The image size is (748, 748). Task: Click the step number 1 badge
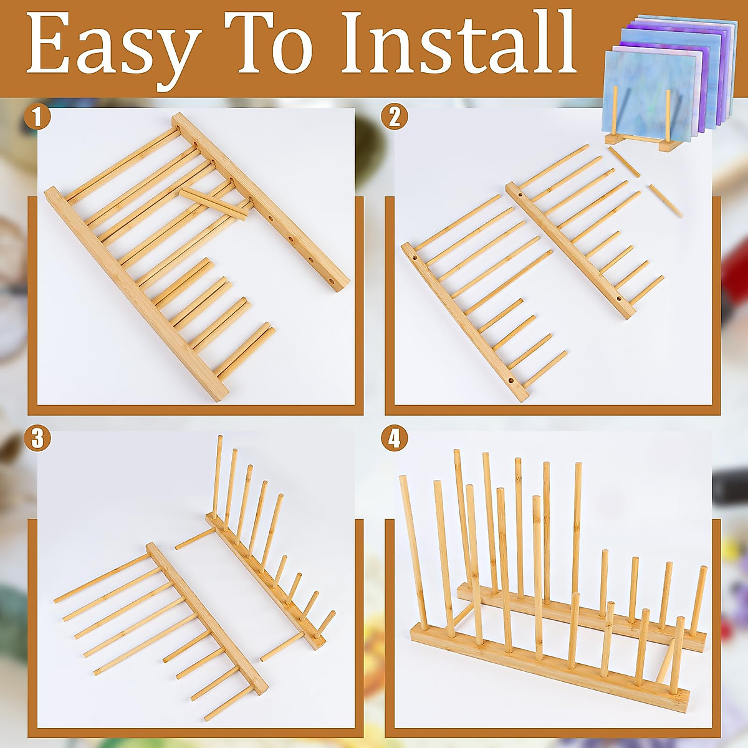pos(37,117)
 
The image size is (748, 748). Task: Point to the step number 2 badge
pos(395,117)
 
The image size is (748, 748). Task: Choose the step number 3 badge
pos(37,439)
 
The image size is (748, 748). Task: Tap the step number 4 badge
pos(395,439)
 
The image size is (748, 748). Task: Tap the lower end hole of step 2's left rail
pos(511,380)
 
